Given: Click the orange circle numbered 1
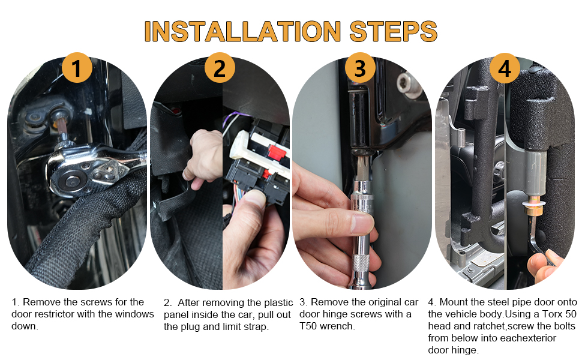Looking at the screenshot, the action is pyautogui.click(x=77, y=68).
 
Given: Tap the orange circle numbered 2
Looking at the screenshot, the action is pyautogui.click(x=220, y=68).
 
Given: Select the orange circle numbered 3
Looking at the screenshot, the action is pyautogui.click(x=360, y=68).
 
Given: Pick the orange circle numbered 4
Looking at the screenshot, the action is pyautogui.click(x=505, y=68).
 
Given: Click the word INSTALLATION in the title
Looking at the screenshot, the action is pyautogui.click(x=242, y=31).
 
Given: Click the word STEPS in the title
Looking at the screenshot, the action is pyautogui.click(x=394, y=31).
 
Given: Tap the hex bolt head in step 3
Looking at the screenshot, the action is pyautogui.click(x=407, y=85).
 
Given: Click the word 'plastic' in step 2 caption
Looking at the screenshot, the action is pyautogui.click(x=278, y=303).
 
